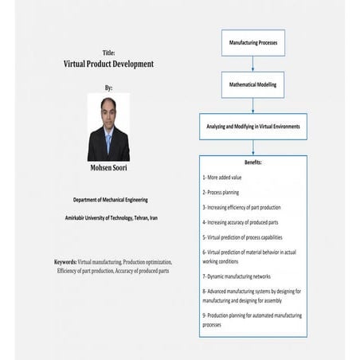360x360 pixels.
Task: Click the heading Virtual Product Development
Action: click(x=108, y=64)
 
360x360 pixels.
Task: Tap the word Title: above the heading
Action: click(x=108, y=53)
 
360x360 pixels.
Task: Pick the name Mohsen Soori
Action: click(x=108, y=169)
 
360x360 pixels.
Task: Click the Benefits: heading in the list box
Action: click(x=252, y=162)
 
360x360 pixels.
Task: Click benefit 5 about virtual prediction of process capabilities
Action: click(x=253, y=237)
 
